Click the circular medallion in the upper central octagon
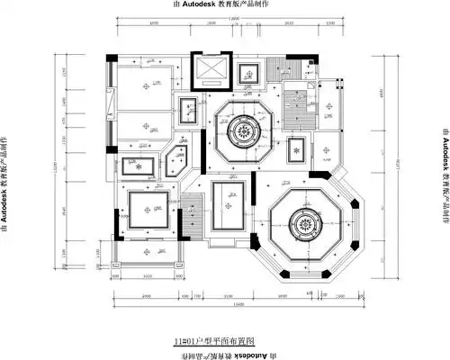(x=245, y=131)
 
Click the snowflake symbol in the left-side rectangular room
(x=138, y=166)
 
